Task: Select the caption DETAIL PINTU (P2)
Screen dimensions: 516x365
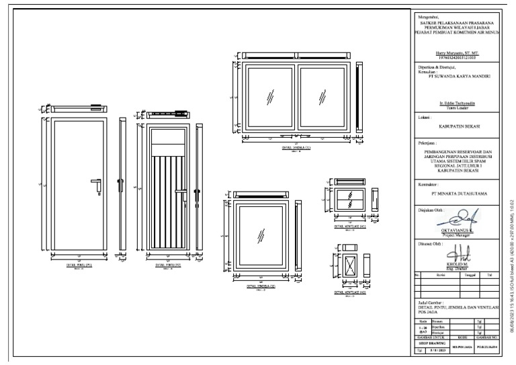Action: pyautogui.click(x=169, y=265)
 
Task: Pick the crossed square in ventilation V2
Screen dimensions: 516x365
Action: pyautogui.click(x=349, y=263)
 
